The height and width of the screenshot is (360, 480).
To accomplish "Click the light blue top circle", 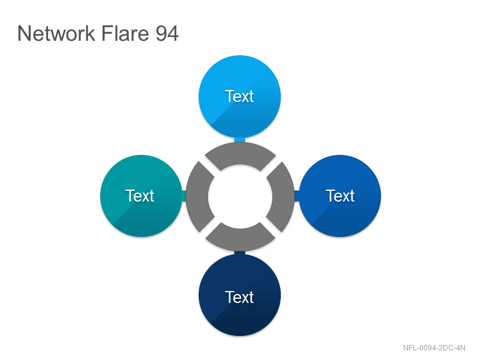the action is [x=239, y=97].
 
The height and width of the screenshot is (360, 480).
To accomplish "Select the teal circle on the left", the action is [x=141, y=196].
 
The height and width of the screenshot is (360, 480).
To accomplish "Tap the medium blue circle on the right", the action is [x=340, y=196].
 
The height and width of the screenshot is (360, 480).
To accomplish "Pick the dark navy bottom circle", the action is [x=239, y=295].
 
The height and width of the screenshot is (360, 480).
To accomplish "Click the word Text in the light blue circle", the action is [x=239, y=97].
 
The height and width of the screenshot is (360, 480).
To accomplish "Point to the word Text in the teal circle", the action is [x=140, y=196].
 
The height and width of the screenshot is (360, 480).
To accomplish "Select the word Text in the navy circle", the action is [x=239, y=297].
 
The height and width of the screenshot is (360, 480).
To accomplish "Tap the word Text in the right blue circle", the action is [x=340, y=196].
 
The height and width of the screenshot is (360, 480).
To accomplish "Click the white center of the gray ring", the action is [x=241, y=197].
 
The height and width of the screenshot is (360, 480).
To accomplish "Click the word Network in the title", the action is [x=56, y=34].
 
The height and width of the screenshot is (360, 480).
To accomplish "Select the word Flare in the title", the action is [x=125, y=34].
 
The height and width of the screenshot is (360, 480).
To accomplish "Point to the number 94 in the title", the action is [x=167, y=34].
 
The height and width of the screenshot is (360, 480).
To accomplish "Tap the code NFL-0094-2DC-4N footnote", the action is [x=434, y=348].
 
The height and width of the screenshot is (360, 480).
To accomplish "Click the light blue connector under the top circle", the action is [x=239, y=140].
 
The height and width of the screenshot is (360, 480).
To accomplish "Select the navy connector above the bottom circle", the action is [x=239, y=253].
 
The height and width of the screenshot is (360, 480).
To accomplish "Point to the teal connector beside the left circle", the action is [x=184, y=196].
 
